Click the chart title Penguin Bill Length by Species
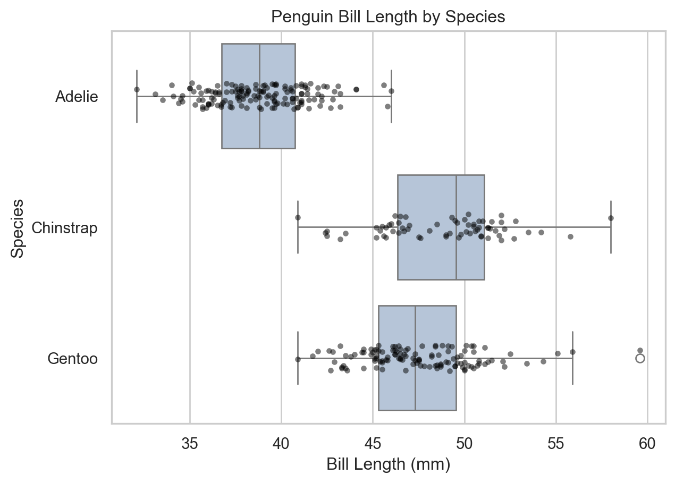388,17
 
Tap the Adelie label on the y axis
77,97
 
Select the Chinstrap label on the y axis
64,228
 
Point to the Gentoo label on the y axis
73,359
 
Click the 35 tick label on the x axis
190,444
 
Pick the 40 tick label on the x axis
281,444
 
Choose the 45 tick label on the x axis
373,444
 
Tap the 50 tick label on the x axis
465,444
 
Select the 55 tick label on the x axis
556,444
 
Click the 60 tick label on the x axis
647,444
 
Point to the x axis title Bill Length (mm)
389,464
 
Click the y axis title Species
17,228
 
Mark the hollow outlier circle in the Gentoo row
640,359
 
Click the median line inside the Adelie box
259,96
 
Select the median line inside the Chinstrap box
456,227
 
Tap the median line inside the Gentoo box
415,358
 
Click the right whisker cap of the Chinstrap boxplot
611,227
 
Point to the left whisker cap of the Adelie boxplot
137,96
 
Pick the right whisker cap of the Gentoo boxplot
572,358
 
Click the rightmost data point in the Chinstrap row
611,218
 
